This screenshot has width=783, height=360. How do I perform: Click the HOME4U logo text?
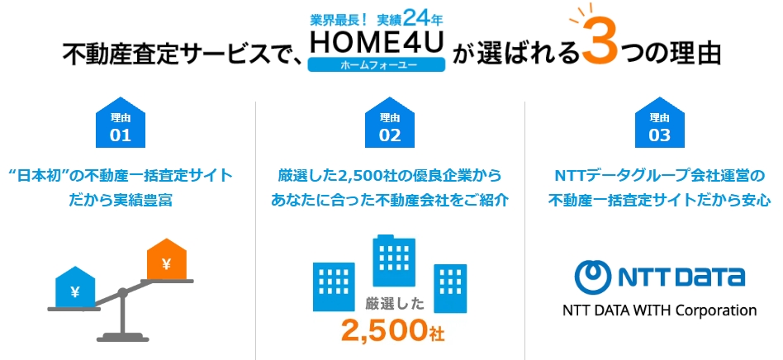point(377,44)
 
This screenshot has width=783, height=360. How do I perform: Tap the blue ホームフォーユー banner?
point(377,65)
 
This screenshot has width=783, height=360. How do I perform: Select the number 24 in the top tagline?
point(416,19)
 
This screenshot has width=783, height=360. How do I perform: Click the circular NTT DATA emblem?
point(593,276)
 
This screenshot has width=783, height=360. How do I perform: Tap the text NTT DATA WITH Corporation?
point(659,310)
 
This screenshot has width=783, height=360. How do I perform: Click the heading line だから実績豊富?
point(121,201)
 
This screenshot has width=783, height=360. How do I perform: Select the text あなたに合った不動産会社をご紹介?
point(390,201)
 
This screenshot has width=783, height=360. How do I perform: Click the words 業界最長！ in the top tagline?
point(339,20)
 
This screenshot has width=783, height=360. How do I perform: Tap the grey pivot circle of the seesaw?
point(122,292)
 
